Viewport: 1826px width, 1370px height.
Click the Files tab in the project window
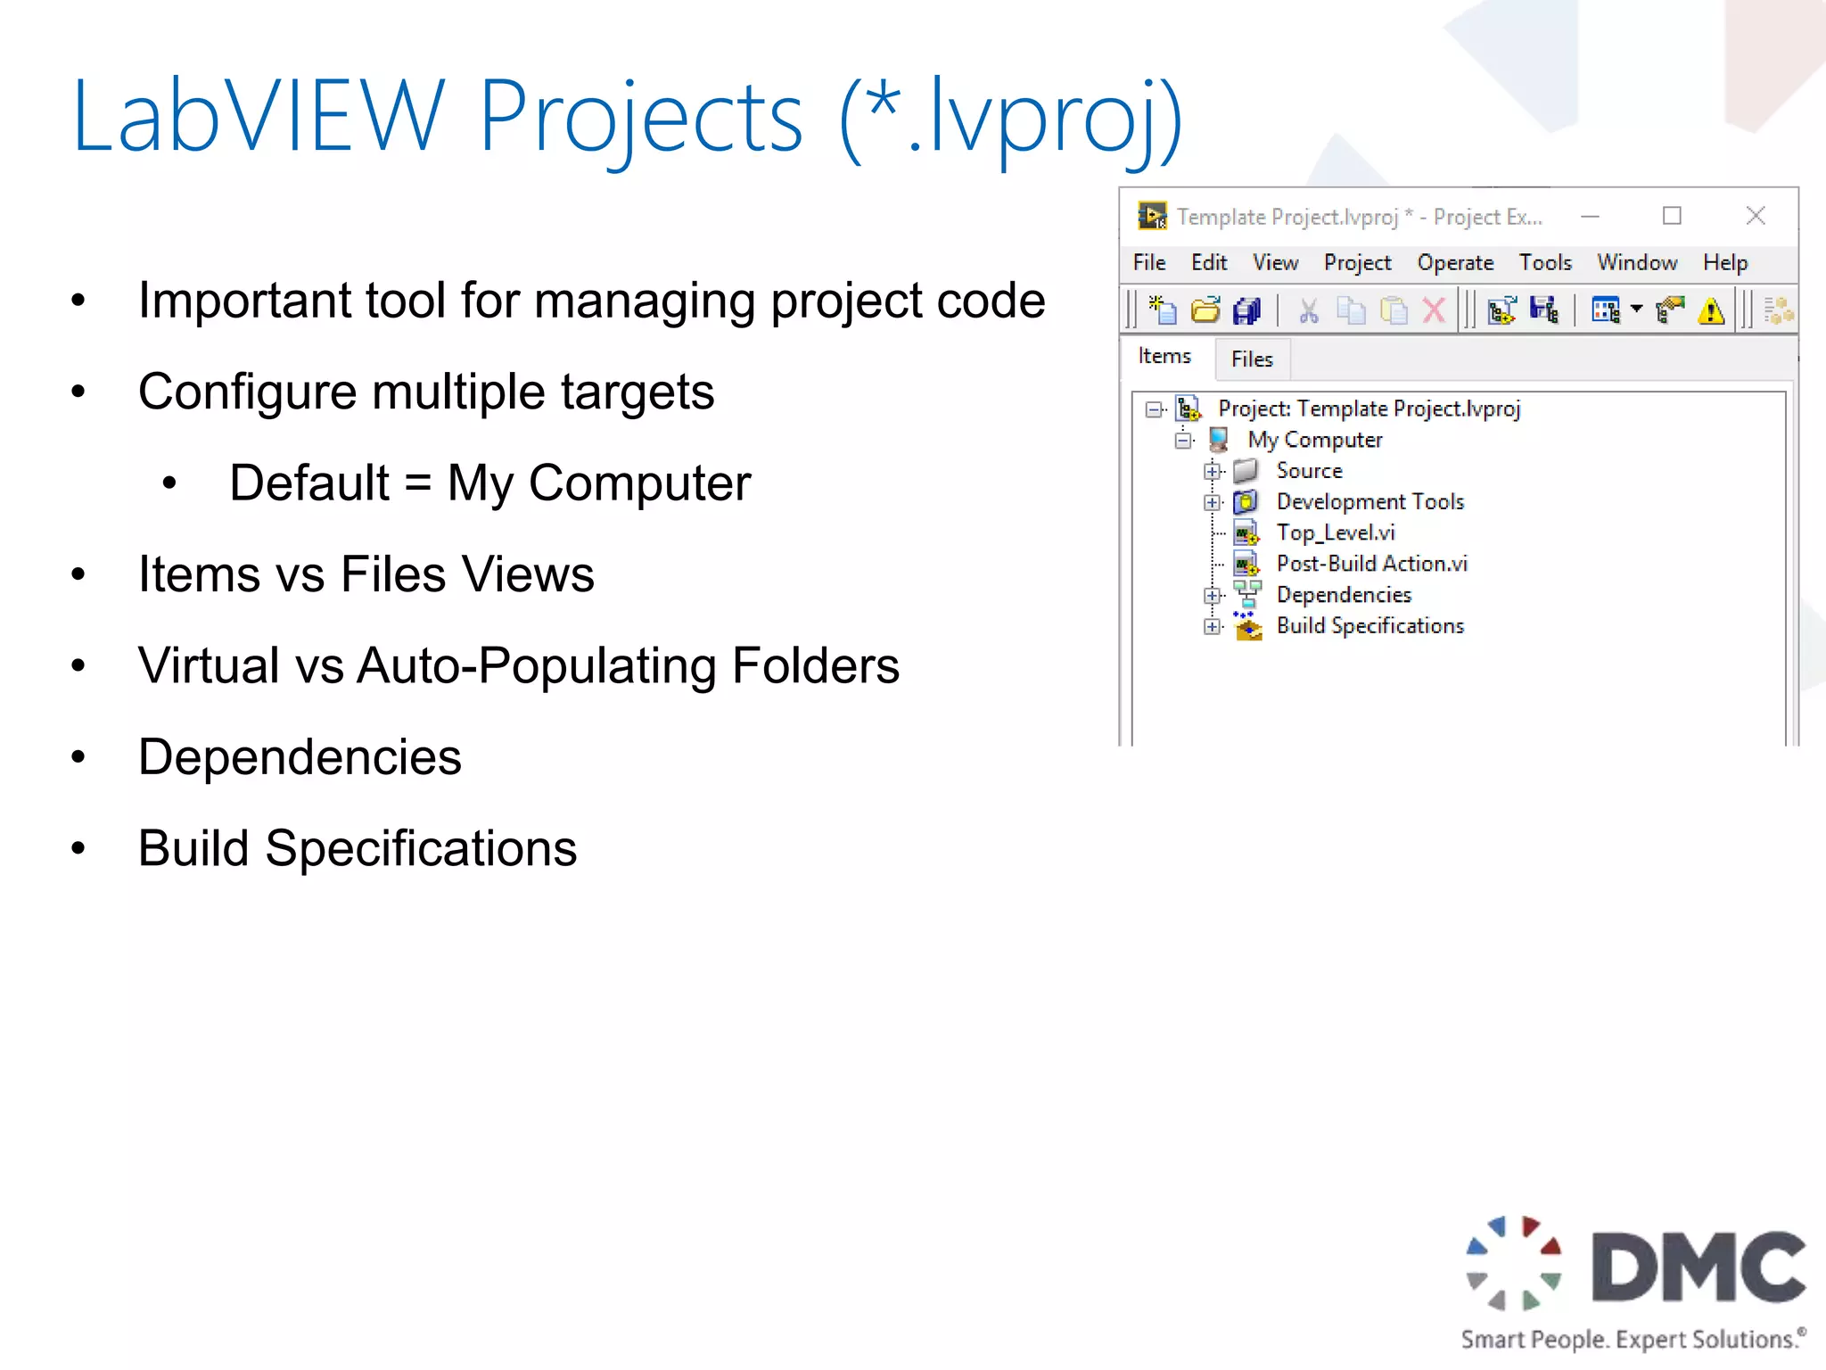pyautogui.click(x=1252, y=359)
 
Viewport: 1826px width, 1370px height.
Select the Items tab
pyautogui.click(x=1164, y=357)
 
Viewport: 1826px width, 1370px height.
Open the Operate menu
pyautogui.click(x=1455, y=263)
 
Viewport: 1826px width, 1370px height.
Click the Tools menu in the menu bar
pyautogui.click(x=1545, y=263)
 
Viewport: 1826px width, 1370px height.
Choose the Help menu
pyautogui.click(x=1724, y=263)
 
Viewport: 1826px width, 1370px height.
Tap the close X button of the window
pyautogui.click(x=1755, y=216)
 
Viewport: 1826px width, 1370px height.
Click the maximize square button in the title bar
pyautogui.click(x=1672, y=216)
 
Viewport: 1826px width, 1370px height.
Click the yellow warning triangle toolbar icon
pyautogui.click(x=1711, y=311)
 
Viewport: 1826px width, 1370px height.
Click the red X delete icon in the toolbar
pyautogui.click(x=1434, y=311)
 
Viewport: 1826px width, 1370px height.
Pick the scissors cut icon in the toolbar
pyautogui.click(x=1308, y=311)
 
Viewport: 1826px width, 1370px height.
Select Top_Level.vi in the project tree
pyautogui.click(x=1335, y=533)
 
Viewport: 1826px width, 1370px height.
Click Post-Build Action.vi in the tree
pyautogui.click(x=1371, y=564)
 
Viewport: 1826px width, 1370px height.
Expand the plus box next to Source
pyautogui.click(x=1212, y=471)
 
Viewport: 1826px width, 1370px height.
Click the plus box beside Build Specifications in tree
pyautogui.click(x=1212, y=627)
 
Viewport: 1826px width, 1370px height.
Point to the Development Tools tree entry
pyautogui.click(x=1369, y=502)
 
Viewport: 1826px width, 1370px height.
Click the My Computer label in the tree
pyautogui.click(x=1314, y=440)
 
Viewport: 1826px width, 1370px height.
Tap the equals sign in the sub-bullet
pyautogui.click(x=418, y=483)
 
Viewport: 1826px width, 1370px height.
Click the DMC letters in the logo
pyautogui.click(x=1699, y=1267)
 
